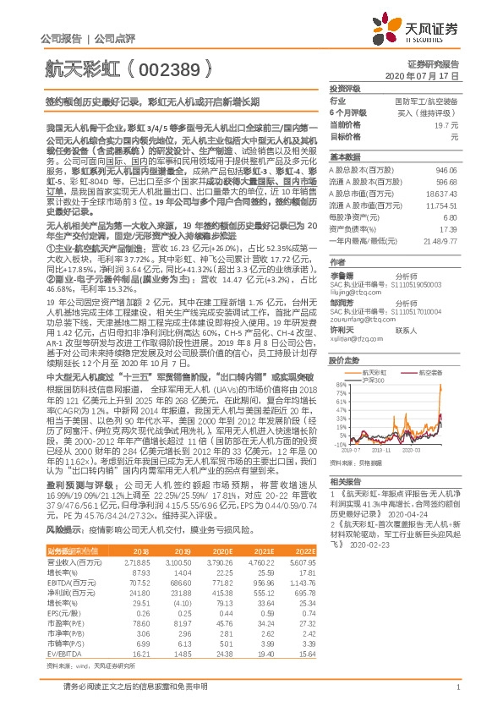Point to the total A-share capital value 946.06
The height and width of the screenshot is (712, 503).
point(446,169)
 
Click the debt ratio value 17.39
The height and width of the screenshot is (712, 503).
point(449,229)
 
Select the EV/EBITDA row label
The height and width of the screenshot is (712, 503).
point(56,630)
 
